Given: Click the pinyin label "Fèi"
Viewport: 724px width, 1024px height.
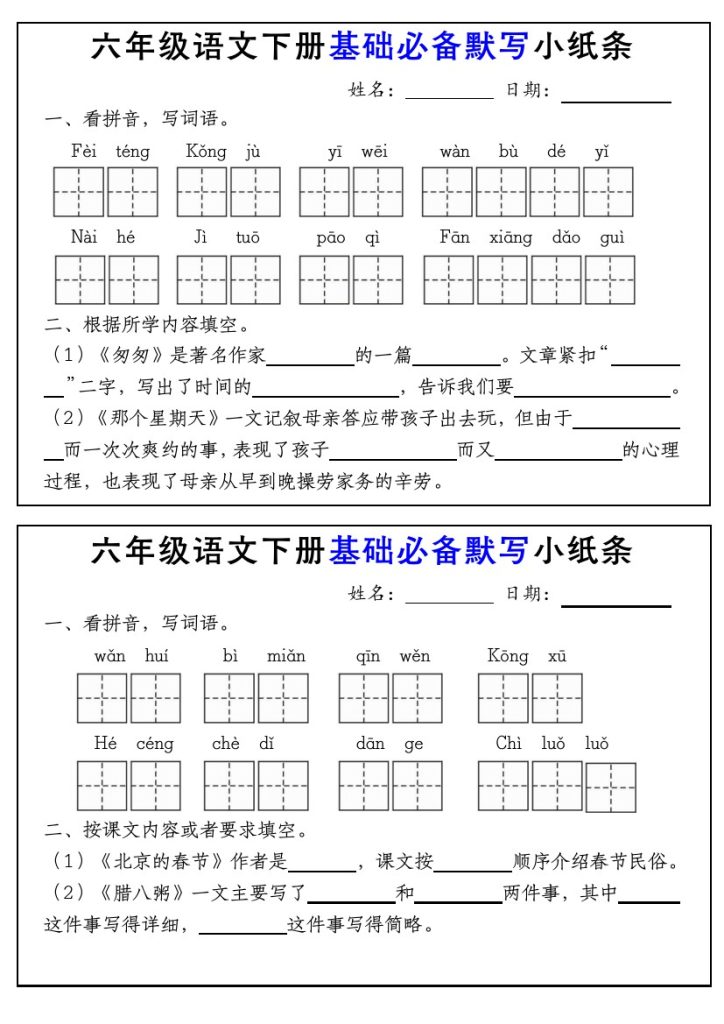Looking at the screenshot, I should point(84,152).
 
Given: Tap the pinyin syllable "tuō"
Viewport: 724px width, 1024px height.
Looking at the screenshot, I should point(247,238).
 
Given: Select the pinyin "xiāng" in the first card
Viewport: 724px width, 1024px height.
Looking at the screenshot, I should point(511,238).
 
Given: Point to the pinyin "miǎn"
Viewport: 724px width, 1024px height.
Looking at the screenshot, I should point(286,657).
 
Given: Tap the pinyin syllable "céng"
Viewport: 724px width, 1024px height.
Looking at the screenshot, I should point(155,744).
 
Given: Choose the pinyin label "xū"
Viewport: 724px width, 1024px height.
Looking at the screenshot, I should point(557,657).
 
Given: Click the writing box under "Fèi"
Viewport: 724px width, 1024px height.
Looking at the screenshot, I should point(79,192).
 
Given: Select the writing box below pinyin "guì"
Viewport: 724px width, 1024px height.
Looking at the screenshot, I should point(610,280).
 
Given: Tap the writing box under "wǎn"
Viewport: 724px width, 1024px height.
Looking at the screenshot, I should point(102,698).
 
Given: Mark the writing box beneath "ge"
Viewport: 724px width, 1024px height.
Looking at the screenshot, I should point(417,786).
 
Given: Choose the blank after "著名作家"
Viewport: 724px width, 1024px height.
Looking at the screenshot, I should point(310,359).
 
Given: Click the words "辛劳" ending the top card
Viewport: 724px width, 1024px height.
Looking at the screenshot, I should point(423,482).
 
